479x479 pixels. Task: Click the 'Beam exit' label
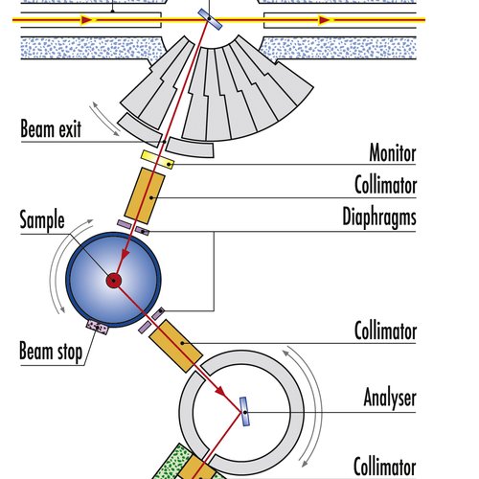point(51,129)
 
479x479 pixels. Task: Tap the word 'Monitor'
point(393,153)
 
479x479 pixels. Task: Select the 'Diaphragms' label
point(379,217)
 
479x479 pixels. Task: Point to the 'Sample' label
point(42,220)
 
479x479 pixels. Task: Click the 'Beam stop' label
point(51,352)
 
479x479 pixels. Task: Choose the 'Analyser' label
point(390,399)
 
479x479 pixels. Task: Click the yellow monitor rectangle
point(158,159)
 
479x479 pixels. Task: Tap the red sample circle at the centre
point(114,281)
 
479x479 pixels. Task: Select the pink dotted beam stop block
point(98,328)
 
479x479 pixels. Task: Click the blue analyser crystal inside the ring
point(244,411)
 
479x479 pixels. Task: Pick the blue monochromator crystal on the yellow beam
point(210,19)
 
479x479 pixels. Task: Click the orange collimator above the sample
point(145,195)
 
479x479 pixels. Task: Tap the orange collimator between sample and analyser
point(176,346)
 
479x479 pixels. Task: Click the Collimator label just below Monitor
point(385,185)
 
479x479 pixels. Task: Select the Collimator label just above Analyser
point(385,331)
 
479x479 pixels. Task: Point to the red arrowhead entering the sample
point(125,254)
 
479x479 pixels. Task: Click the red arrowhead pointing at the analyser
point(219,390)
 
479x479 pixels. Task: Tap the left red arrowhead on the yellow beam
point(87,20)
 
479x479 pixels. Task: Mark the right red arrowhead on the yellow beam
point(325,20)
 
